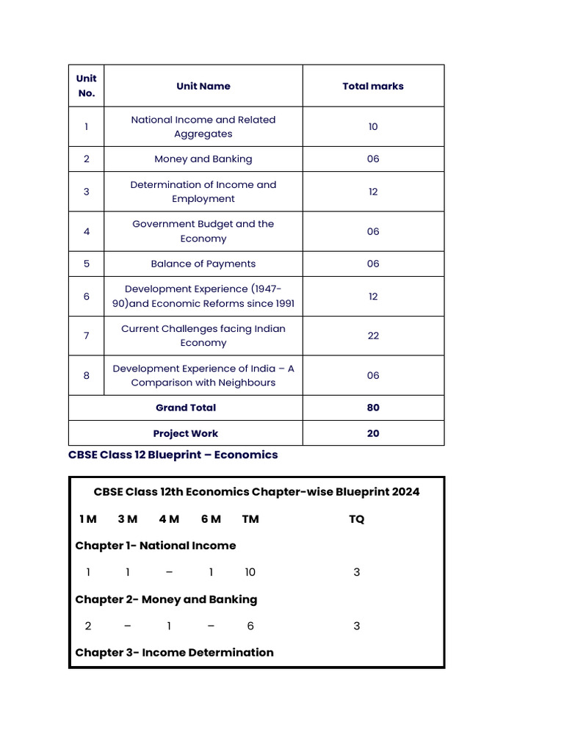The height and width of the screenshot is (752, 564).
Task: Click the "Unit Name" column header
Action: tap(203, 86)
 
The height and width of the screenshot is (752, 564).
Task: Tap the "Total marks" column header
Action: tap(373, 86)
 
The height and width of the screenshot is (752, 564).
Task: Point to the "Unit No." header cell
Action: tap(87, 86)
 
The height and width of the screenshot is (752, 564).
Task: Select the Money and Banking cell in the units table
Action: tap(203, 159)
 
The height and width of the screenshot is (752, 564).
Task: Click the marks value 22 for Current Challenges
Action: tap(373, 336)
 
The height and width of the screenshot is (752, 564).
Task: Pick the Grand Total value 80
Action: tap(373, 408)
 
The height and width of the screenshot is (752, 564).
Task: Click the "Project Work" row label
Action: tap(186, 433)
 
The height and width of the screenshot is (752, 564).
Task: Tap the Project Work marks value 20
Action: tap(373, 433)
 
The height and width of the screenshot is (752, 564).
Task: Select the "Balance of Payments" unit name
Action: tap(203, 264)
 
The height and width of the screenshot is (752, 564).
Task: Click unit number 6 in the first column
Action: tap(87, 296)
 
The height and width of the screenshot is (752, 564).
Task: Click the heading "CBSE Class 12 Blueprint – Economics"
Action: tap(173, 455)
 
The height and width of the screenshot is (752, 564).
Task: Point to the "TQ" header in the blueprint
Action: tap(356, 519)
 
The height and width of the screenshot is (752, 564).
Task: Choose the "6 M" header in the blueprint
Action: tap(211, 519)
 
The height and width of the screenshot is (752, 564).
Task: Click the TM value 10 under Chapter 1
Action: tap(250, 572)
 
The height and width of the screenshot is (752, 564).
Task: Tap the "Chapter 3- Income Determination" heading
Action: tap(174, 652)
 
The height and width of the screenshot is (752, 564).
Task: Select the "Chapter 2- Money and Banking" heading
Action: tap(166, 599)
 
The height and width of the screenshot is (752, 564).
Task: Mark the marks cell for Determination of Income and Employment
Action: tap(373, 192)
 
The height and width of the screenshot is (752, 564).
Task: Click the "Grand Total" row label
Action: tap(186, 408)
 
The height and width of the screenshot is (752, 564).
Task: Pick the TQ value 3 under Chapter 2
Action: tap(357, 626)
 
